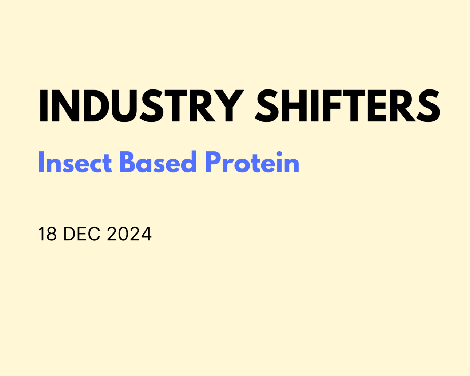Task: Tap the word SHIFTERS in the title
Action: point(347,106)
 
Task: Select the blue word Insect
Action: point(75,163)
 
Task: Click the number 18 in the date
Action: point(47,234)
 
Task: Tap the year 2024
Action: point(129,234)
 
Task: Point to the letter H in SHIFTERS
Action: point(296,106)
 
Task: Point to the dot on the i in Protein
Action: point(279,153)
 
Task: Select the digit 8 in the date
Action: point(52,234)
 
